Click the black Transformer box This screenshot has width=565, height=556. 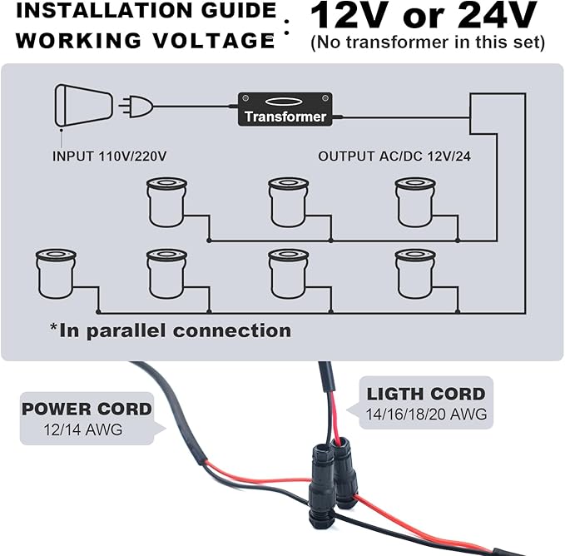pyautogui.click(x=285, y=109)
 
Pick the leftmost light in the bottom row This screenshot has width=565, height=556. pyautogui.click(x=56, y=274)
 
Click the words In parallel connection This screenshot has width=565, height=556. pyautogui.click(x=171, y=330)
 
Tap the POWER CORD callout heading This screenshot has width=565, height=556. pyautogui.click(x=87, y=410)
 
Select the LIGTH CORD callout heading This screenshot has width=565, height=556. pyautogui.click(x=426, y=394)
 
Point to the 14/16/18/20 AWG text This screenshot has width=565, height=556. pyautogui.click(x=426, y=414)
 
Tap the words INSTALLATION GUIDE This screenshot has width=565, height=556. pyautogui.click(x=140, y=12)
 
